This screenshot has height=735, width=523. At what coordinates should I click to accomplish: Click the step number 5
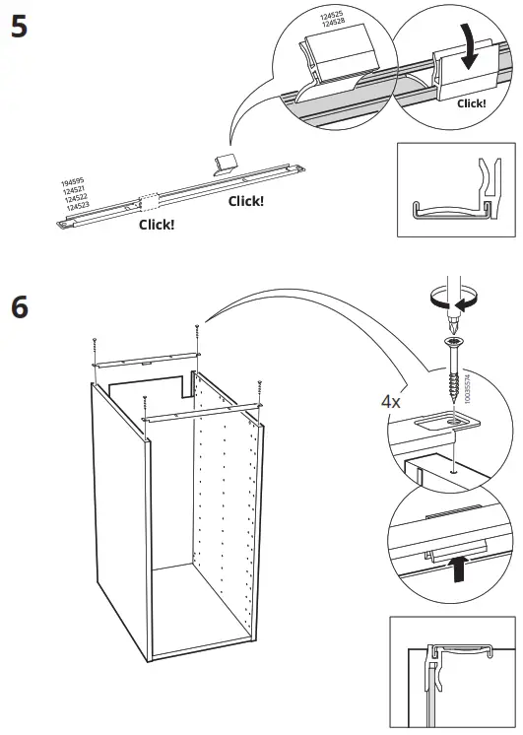pyautogui.click(x=18, y=27)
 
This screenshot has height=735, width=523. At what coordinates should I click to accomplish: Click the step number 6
pyautogui.click(x=19, y=307)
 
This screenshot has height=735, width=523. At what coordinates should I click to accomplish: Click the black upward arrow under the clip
pyautogui.click(x=455, y=569)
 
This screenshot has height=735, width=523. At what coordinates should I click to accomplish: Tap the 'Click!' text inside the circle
pyautogui.click(x=472, y=102)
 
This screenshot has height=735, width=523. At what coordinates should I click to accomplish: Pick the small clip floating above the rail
pyautogui.click(x=225, y=164)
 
